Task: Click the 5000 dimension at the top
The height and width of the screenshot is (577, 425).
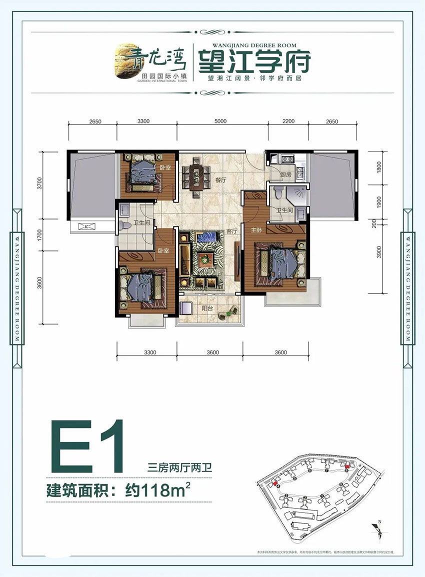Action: coord(222,121)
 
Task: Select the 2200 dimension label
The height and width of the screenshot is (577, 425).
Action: coord(288,121)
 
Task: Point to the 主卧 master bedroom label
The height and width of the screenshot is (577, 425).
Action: coord(256,230)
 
